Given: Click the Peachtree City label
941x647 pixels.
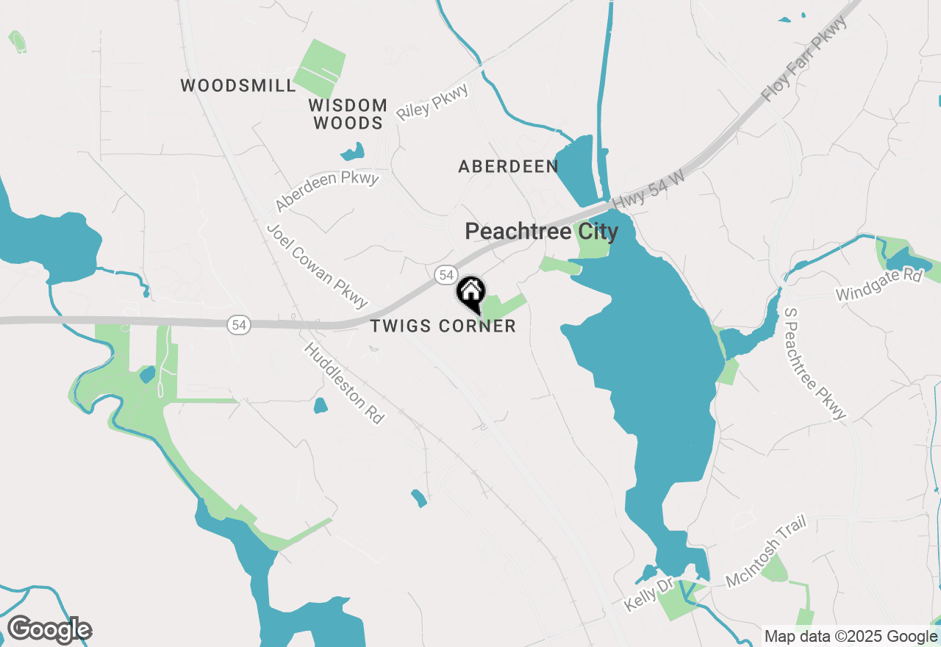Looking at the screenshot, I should (x=542, y=232).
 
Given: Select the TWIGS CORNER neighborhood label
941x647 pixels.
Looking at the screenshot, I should (x=443, y=326).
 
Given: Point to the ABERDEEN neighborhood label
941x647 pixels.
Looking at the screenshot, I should (x=508, y=167).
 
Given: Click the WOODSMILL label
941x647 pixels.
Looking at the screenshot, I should (x=238, y=86).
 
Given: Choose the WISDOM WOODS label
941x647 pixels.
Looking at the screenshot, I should (x=348, y=114).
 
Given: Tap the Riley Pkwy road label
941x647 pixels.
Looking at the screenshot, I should (x=432, y=102).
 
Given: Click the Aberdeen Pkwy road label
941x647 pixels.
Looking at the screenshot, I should (x=327, y=191).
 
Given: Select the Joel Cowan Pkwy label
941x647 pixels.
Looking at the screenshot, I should (x=317, y=265).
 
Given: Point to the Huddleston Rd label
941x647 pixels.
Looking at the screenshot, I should (x=345, y=383).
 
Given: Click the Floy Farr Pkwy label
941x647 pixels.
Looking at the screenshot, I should (x=804, y=59).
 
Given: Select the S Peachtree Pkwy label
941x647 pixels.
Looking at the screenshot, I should (x=815, y=363).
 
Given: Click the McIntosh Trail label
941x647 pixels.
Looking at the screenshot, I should (x=766, y=551).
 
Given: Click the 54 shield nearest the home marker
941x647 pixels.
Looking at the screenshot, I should (x=445, y=275).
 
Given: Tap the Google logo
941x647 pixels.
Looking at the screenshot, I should (x=49, y=629).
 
